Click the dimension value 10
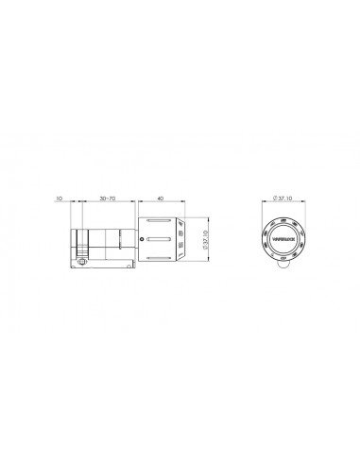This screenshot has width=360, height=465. [59, 199]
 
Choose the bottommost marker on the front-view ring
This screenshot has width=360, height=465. [283, 257]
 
